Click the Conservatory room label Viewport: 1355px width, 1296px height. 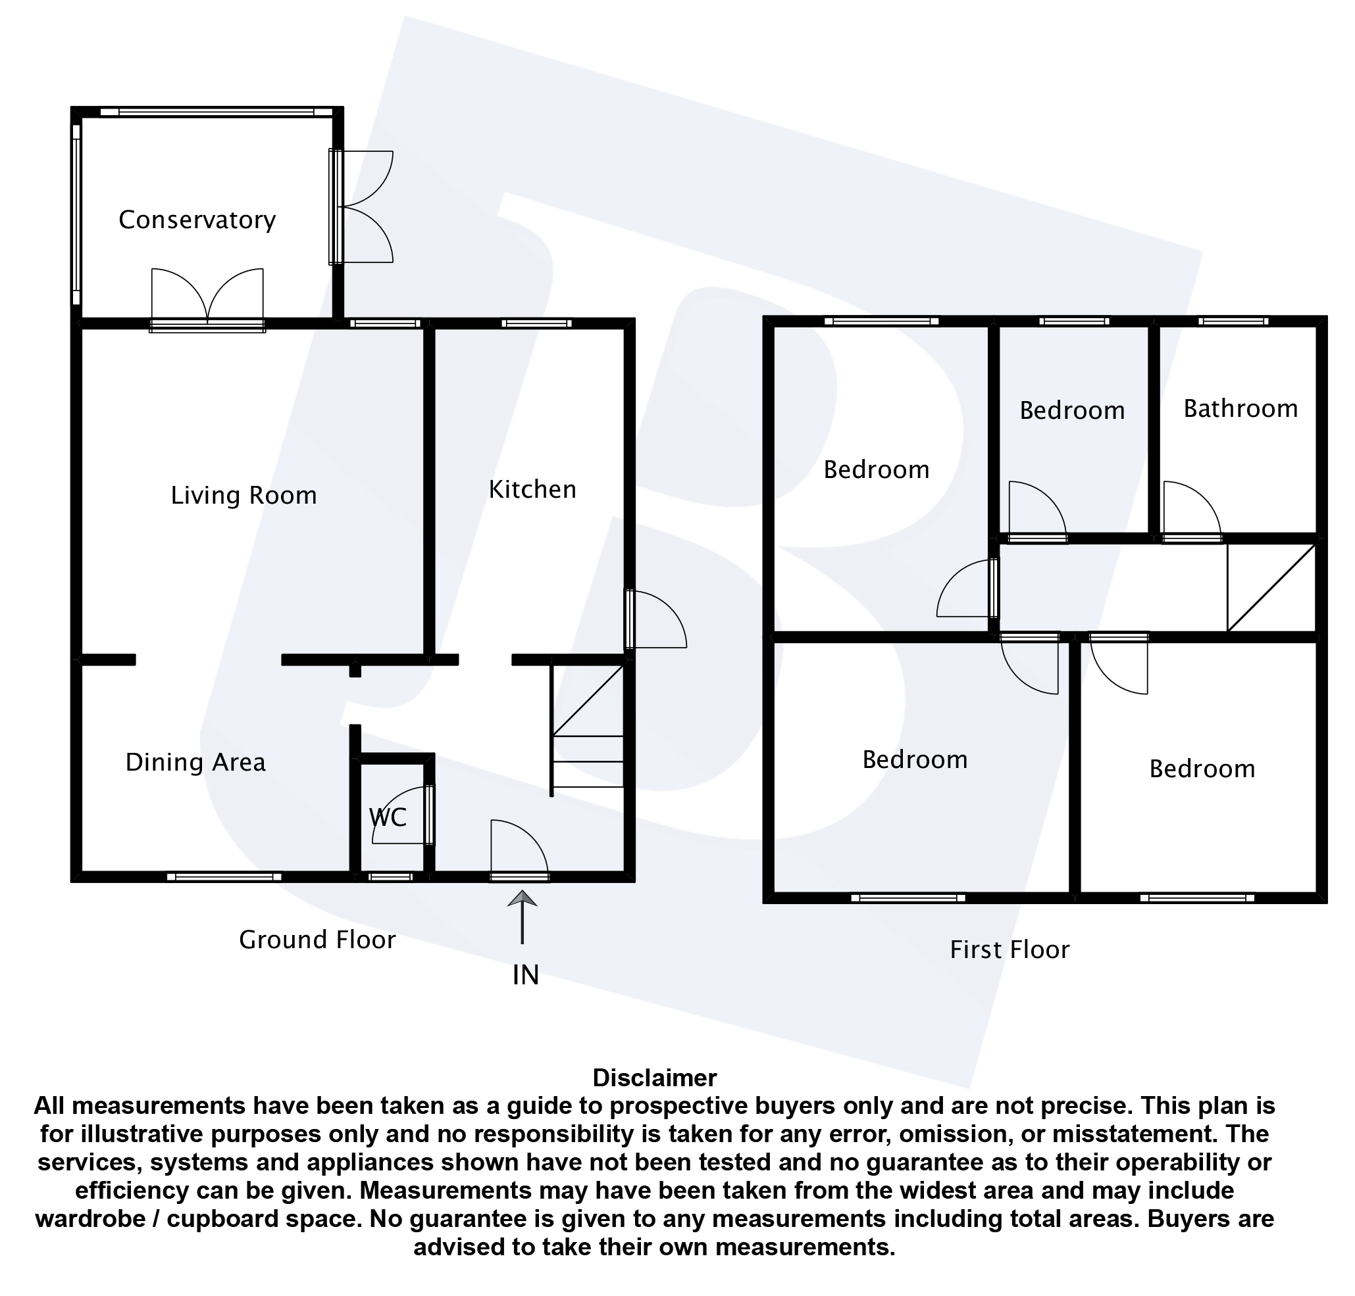197,220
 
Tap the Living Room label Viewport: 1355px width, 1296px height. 243,495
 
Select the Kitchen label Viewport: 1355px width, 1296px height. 532,490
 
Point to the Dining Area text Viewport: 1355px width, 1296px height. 195,763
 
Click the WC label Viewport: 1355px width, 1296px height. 388,818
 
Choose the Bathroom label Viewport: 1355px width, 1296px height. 1240,409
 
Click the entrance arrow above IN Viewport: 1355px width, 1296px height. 522,916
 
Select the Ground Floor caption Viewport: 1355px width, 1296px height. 317,940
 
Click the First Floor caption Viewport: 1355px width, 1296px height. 1010,950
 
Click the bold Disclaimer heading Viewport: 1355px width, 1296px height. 655,1078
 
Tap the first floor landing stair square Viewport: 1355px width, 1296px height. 1271,588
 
